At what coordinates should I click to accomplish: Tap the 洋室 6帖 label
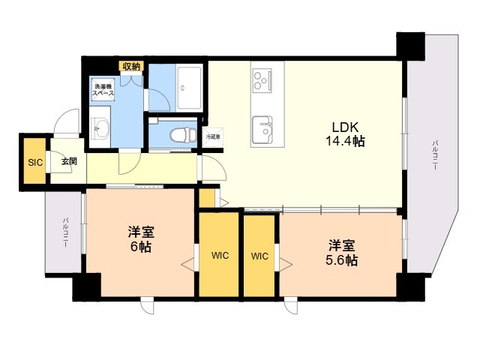[139, 238]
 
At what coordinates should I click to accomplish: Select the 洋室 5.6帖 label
[341, 253]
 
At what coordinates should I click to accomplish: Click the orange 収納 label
[131, 67]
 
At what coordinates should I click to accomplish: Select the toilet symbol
[177, 135]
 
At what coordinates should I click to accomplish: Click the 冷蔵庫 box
[214, 136]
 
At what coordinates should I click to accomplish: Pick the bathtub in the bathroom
[189, 87]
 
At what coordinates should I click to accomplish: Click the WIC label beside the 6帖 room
[219, 256]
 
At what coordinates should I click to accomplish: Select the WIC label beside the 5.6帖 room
[259, 256]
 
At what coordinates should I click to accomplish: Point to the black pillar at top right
[411, 46]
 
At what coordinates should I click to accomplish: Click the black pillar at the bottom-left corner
[85, 287]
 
